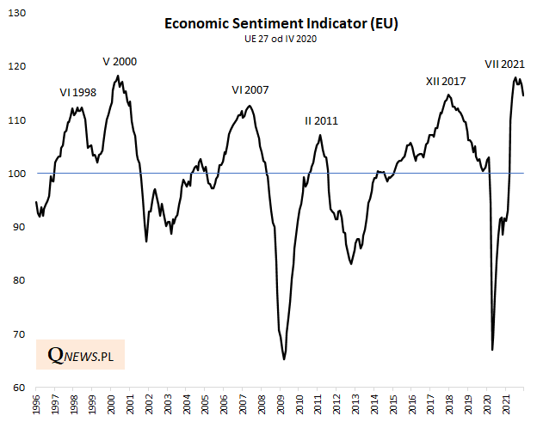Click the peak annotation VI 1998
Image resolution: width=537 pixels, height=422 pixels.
77,93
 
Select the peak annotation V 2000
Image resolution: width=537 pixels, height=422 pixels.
120,62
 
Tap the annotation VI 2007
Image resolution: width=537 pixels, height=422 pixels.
250,90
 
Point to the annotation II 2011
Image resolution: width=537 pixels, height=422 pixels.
321,121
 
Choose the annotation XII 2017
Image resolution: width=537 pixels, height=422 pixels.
446,82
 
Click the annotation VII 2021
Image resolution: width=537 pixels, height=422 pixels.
504,64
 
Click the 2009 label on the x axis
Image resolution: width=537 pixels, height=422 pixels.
281,405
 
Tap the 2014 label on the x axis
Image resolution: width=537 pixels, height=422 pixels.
376,405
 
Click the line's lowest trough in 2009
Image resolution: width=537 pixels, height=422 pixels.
284,359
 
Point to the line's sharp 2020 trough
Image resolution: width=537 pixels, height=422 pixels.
492,350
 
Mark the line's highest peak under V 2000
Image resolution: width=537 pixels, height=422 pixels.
118,76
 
